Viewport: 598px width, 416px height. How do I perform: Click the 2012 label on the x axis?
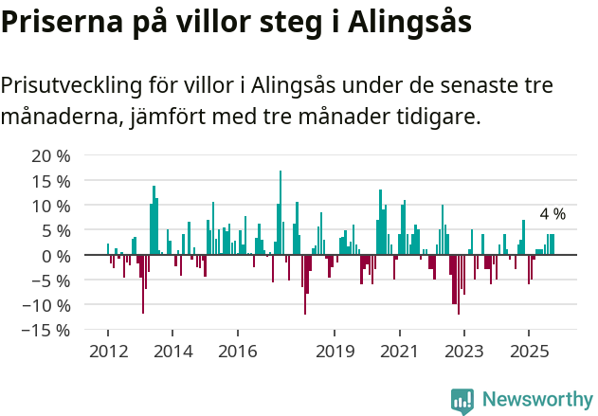107,352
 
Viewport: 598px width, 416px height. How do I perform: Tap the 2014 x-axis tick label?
172,352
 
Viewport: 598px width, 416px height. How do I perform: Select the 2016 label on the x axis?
237,352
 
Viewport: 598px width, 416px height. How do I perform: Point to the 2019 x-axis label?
335,352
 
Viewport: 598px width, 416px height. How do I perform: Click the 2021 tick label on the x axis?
399,352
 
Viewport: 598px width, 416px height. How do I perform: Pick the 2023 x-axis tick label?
463,352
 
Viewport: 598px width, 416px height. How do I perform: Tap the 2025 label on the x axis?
529,352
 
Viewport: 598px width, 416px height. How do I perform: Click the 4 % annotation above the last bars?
553,214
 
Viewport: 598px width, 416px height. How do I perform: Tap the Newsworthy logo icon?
462,400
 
